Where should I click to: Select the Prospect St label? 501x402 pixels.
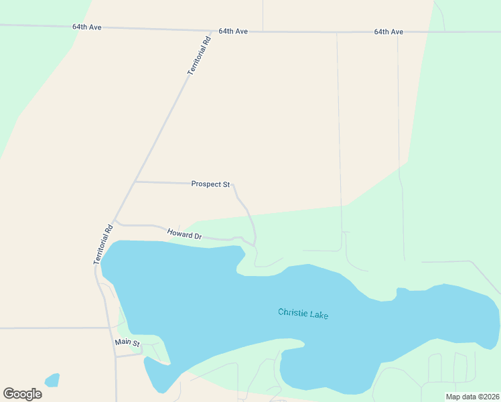click(x=210, y=184)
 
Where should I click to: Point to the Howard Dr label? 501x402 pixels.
click(x=184, y=234)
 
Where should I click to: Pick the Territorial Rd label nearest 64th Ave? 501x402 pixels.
click(x=200, y=55)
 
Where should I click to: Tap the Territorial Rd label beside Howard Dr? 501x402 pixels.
click(x=102, y=244)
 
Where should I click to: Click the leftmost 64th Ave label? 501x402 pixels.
click(x=87, y=27)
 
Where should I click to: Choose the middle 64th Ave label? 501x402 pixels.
click(x=233, y=31)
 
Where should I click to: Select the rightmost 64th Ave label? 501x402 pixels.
click(x=388, y=31)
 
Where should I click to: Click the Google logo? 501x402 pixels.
click(x=22, y=393)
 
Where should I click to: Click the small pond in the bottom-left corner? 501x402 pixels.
click(x=52, y=380)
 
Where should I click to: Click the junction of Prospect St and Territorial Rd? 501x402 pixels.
click(x=135, y=182)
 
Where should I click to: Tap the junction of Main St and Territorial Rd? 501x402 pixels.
click(x=116, y=356)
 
